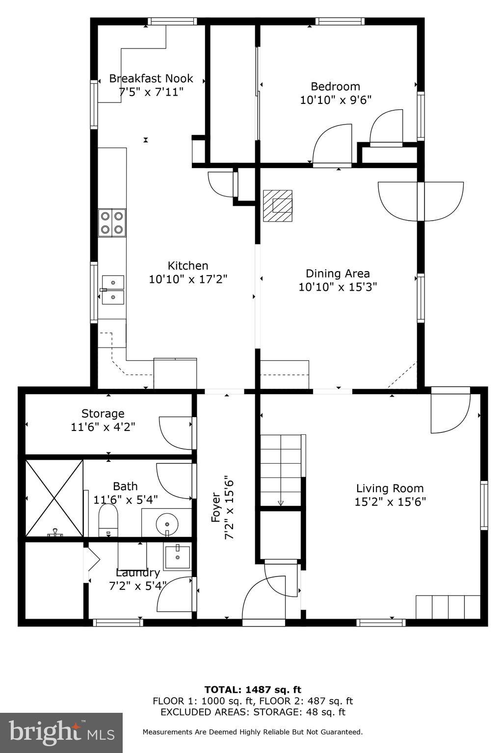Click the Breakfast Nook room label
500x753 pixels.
point(151,78)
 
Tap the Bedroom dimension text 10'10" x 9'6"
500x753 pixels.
point(336,100)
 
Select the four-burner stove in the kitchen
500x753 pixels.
point(112,222)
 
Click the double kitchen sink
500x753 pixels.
point(113,290)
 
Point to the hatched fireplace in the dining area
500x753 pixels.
point(277,205)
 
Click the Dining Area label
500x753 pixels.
point(338,274)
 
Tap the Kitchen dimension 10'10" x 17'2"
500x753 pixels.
point(188,279)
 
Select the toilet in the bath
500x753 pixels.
point(108,520)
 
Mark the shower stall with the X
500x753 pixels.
point(54,498)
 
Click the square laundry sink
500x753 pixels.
point(177,557)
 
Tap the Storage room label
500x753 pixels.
point(103,413)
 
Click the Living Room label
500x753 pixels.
point(390,488)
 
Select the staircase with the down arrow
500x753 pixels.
point(280,470)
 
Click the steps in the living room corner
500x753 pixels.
point(447,607)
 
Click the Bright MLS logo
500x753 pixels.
point(61,732)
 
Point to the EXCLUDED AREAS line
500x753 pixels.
point(252,712)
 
